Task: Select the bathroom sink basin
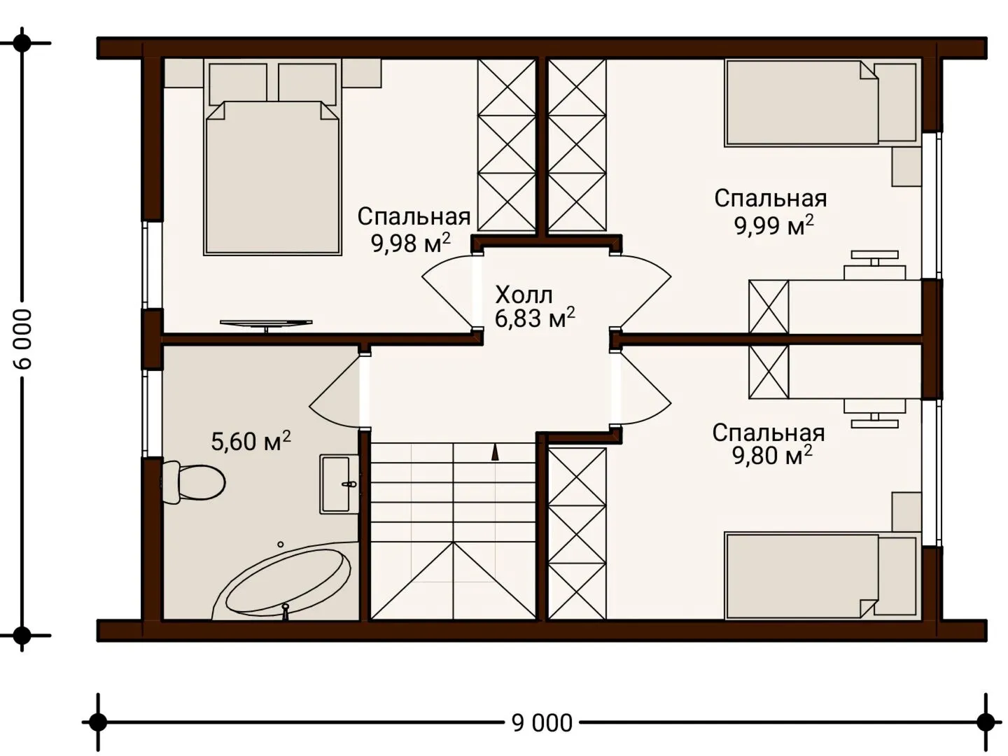339,484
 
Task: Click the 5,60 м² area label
251,441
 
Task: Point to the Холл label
524,295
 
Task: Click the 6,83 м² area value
535,318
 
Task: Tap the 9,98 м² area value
411,244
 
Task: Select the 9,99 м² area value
774,225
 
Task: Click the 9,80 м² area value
772,455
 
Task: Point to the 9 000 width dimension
542,723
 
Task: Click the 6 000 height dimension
22,339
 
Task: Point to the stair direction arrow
495,452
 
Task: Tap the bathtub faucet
285,612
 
